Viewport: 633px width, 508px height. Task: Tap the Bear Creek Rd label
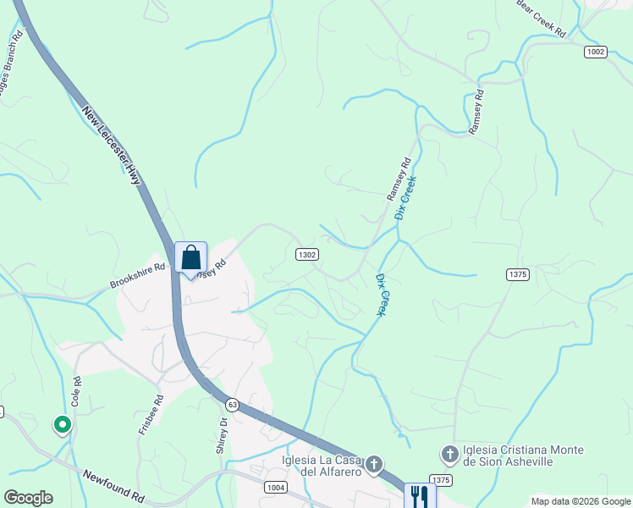click(541, 18)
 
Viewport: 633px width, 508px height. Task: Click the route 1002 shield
click(595, 52)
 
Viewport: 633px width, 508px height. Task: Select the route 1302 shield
click(306, 254)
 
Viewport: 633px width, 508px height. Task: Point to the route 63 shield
click(233, 406)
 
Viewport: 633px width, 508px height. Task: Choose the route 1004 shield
click(276, 488)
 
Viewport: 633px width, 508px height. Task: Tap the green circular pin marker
click(62, 423)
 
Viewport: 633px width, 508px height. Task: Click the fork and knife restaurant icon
click(419, 494)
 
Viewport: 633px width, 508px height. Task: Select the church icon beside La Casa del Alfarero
click(373, 464)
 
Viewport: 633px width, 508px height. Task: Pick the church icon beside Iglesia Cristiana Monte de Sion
click(450, 456)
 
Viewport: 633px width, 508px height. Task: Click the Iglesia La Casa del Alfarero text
click(322, 466)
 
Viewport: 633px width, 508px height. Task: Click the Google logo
click(28, 498)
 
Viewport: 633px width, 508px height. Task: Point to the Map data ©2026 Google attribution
click(581, 501)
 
